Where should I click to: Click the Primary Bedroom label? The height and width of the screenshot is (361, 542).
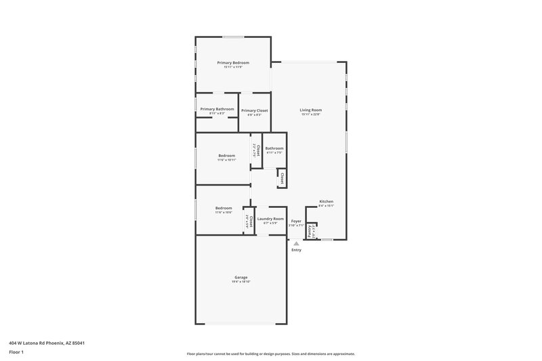pyautogui.click(x=233, y=62)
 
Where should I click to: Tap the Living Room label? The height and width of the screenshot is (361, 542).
pyautogui.click(x=311, y=110)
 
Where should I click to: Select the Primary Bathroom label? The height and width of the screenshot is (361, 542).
pyautogui.click(x=217, y=109)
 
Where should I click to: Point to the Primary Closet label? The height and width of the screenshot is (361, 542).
pyautogui.click(x=255, y=110)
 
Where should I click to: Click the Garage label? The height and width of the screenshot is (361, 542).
pyautogui.click(x=241, y=277)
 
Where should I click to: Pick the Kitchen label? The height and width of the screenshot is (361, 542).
pyautogui.click(x=327, y=201)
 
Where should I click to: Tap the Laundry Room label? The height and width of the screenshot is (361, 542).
pyautogui.click(x=270, y=219)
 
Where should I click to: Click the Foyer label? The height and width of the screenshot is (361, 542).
pyautogui.click(x=296, y=221)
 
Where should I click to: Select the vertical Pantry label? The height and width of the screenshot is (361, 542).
pyautogui.click(x=310, y=231)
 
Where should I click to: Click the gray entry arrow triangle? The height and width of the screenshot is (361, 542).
pyautogui.click(x=296, y=243)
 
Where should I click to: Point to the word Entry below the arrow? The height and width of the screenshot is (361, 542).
pyautogui.click(x=296, y=250)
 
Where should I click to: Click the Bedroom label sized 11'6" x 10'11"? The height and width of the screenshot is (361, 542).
pyautogui.click(x=226, y=156)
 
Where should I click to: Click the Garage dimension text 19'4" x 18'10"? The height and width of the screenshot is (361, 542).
pyautogui.click(x=241, y=282)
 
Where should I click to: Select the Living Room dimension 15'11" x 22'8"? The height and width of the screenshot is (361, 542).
pyautogui.click(x=311, y=114)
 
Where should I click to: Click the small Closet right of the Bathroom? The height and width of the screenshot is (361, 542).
pyautogui.click(x=280, y=178)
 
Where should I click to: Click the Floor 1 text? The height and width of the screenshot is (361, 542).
pyautogui.click(x=17, y=353)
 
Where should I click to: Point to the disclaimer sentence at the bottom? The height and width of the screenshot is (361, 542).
pyautogui.click(x=271, y=354)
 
